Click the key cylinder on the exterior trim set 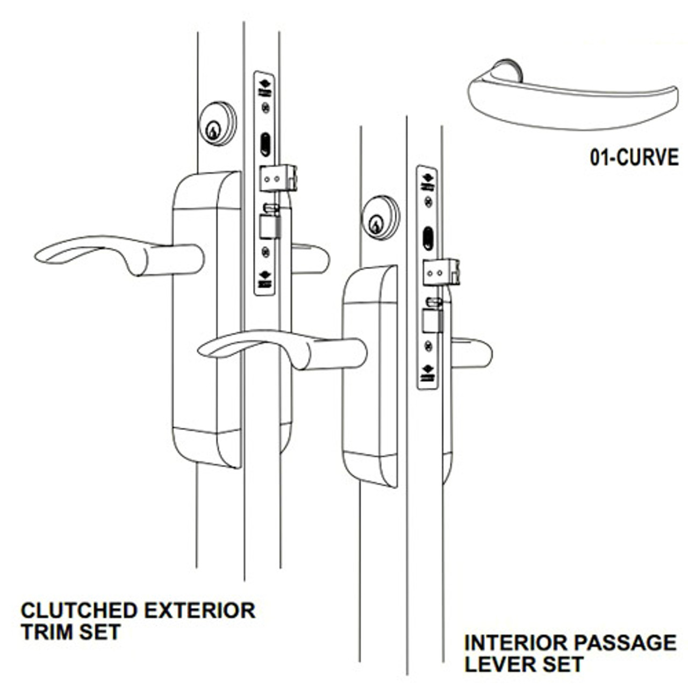pyautogui.click(x=218, y=123)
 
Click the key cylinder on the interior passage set pyautogui.click(x=381, y=217)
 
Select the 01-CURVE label pyautogui.click(x=634, y=158)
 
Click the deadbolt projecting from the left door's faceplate pyautogui.click(x=278, y=178)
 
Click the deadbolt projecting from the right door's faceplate pyautogui.click(x=441, y=273)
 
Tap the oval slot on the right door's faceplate pyautogui.click(x=428, y=238)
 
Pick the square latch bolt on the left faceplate pyautogui.click(x=269, y=226)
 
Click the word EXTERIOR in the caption pyautogui.click(x=199, y=611)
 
